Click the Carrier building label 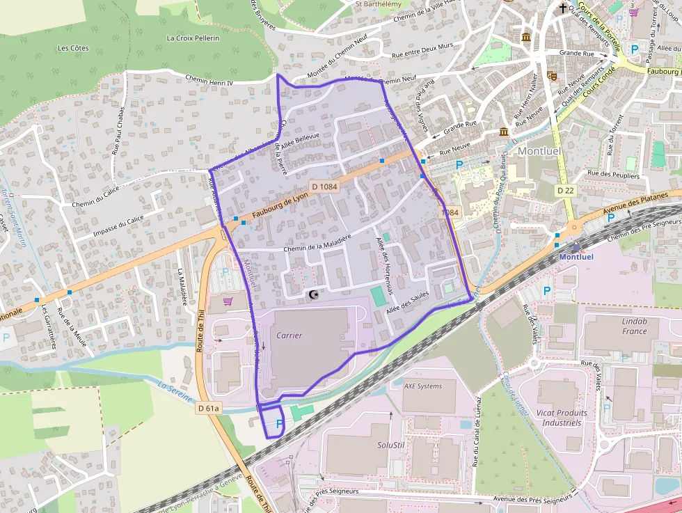(x=290, y=335)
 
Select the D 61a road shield (x=207, y=409)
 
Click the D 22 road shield (x=564, y=190)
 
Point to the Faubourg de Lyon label (x=271, y=207)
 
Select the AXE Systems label (x=422, y=386)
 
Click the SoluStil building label (x=391, y=444)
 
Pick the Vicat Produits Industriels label (x=562, y=418)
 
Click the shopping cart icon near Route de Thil (x=228, y=301)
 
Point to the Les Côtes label (x=73, y=48)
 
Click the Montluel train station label (x=577, y=256)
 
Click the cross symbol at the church (x=562, y=8)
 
